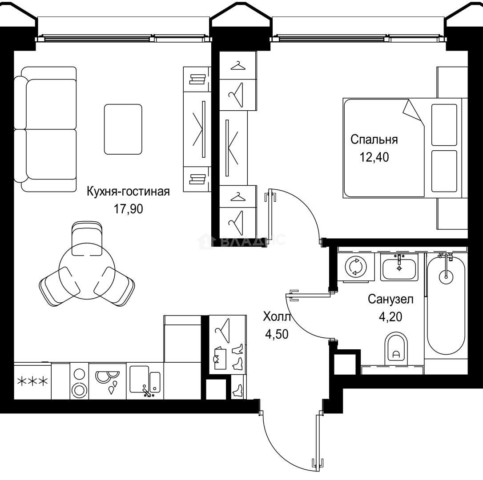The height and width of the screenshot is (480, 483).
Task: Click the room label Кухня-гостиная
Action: [x=128, y=192]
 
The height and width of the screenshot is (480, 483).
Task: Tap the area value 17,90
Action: [x=128, y=209]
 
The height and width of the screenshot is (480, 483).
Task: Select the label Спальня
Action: [x=374, y=139]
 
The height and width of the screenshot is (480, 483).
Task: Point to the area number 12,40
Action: [x=374, y=157]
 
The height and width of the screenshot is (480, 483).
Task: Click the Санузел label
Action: [x=390, y=299]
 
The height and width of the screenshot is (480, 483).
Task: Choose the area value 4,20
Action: [x=390, y=317]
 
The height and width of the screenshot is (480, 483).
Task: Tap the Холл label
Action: [x=277, y=317]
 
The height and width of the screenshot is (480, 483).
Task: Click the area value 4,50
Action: [x=277, y=334]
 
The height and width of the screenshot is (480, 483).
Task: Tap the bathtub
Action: [x=446, y=307]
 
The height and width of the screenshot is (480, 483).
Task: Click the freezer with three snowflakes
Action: [x=32, y=381]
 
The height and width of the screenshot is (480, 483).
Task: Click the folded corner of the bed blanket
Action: [x=412, y=110]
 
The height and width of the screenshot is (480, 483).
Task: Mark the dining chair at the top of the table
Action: [x=87, y=239]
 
